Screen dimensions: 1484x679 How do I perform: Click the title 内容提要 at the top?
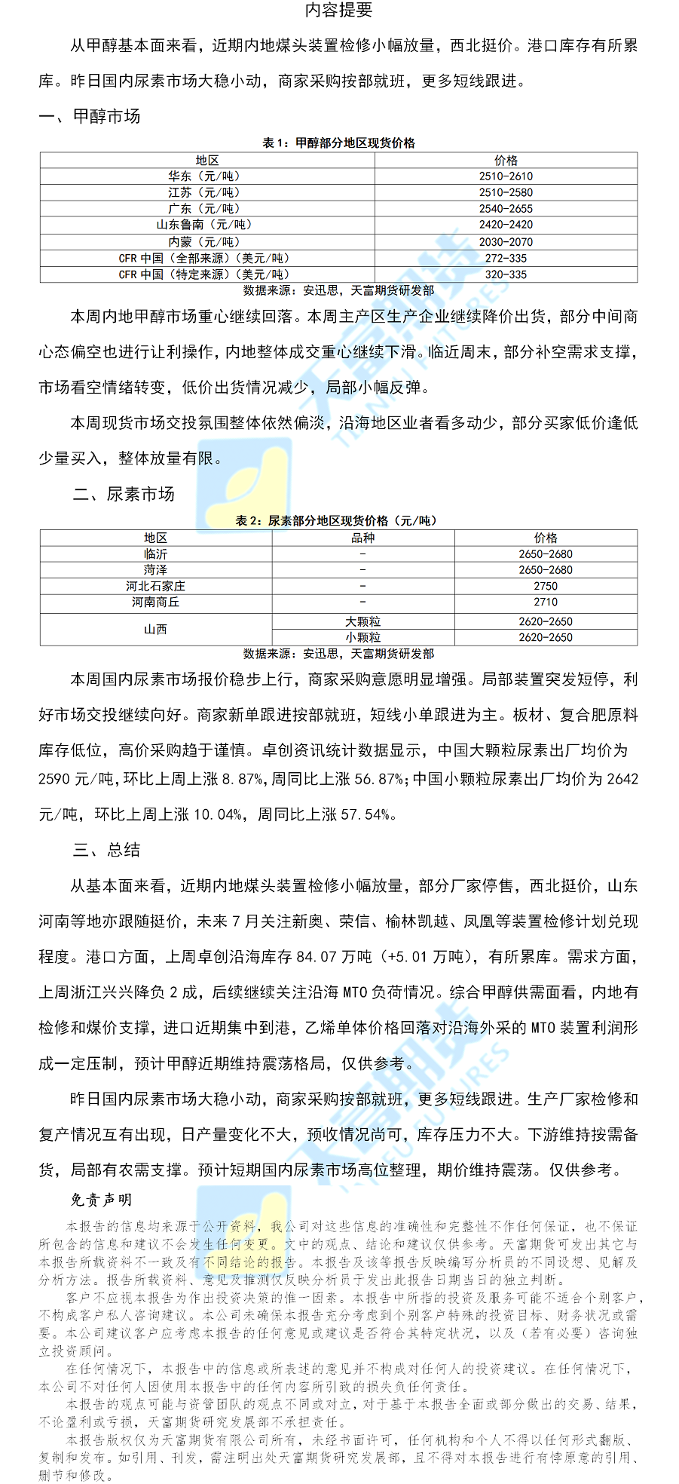338,11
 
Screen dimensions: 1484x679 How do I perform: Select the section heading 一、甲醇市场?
90,116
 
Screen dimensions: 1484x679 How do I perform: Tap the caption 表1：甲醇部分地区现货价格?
338,143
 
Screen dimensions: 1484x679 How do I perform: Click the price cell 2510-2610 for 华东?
506,176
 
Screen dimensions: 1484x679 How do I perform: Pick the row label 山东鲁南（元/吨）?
204,225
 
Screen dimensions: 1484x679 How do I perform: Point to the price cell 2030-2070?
506,242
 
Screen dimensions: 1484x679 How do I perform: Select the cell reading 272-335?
506,259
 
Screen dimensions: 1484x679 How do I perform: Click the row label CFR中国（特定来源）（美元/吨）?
204,274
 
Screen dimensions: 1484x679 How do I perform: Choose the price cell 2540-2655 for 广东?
506,209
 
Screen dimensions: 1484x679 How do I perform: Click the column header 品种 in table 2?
362,538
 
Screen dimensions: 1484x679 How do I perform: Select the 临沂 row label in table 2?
155,554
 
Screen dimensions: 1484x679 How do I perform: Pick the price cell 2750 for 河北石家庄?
546,586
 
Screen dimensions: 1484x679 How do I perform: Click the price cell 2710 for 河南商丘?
546,602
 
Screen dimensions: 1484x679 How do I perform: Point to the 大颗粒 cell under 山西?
362,621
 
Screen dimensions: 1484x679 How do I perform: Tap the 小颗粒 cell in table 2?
362,638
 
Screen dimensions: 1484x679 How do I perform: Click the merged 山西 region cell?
155,630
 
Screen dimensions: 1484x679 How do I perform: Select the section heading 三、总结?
106,851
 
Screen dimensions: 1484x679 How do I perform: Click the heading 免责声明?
101,1200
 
